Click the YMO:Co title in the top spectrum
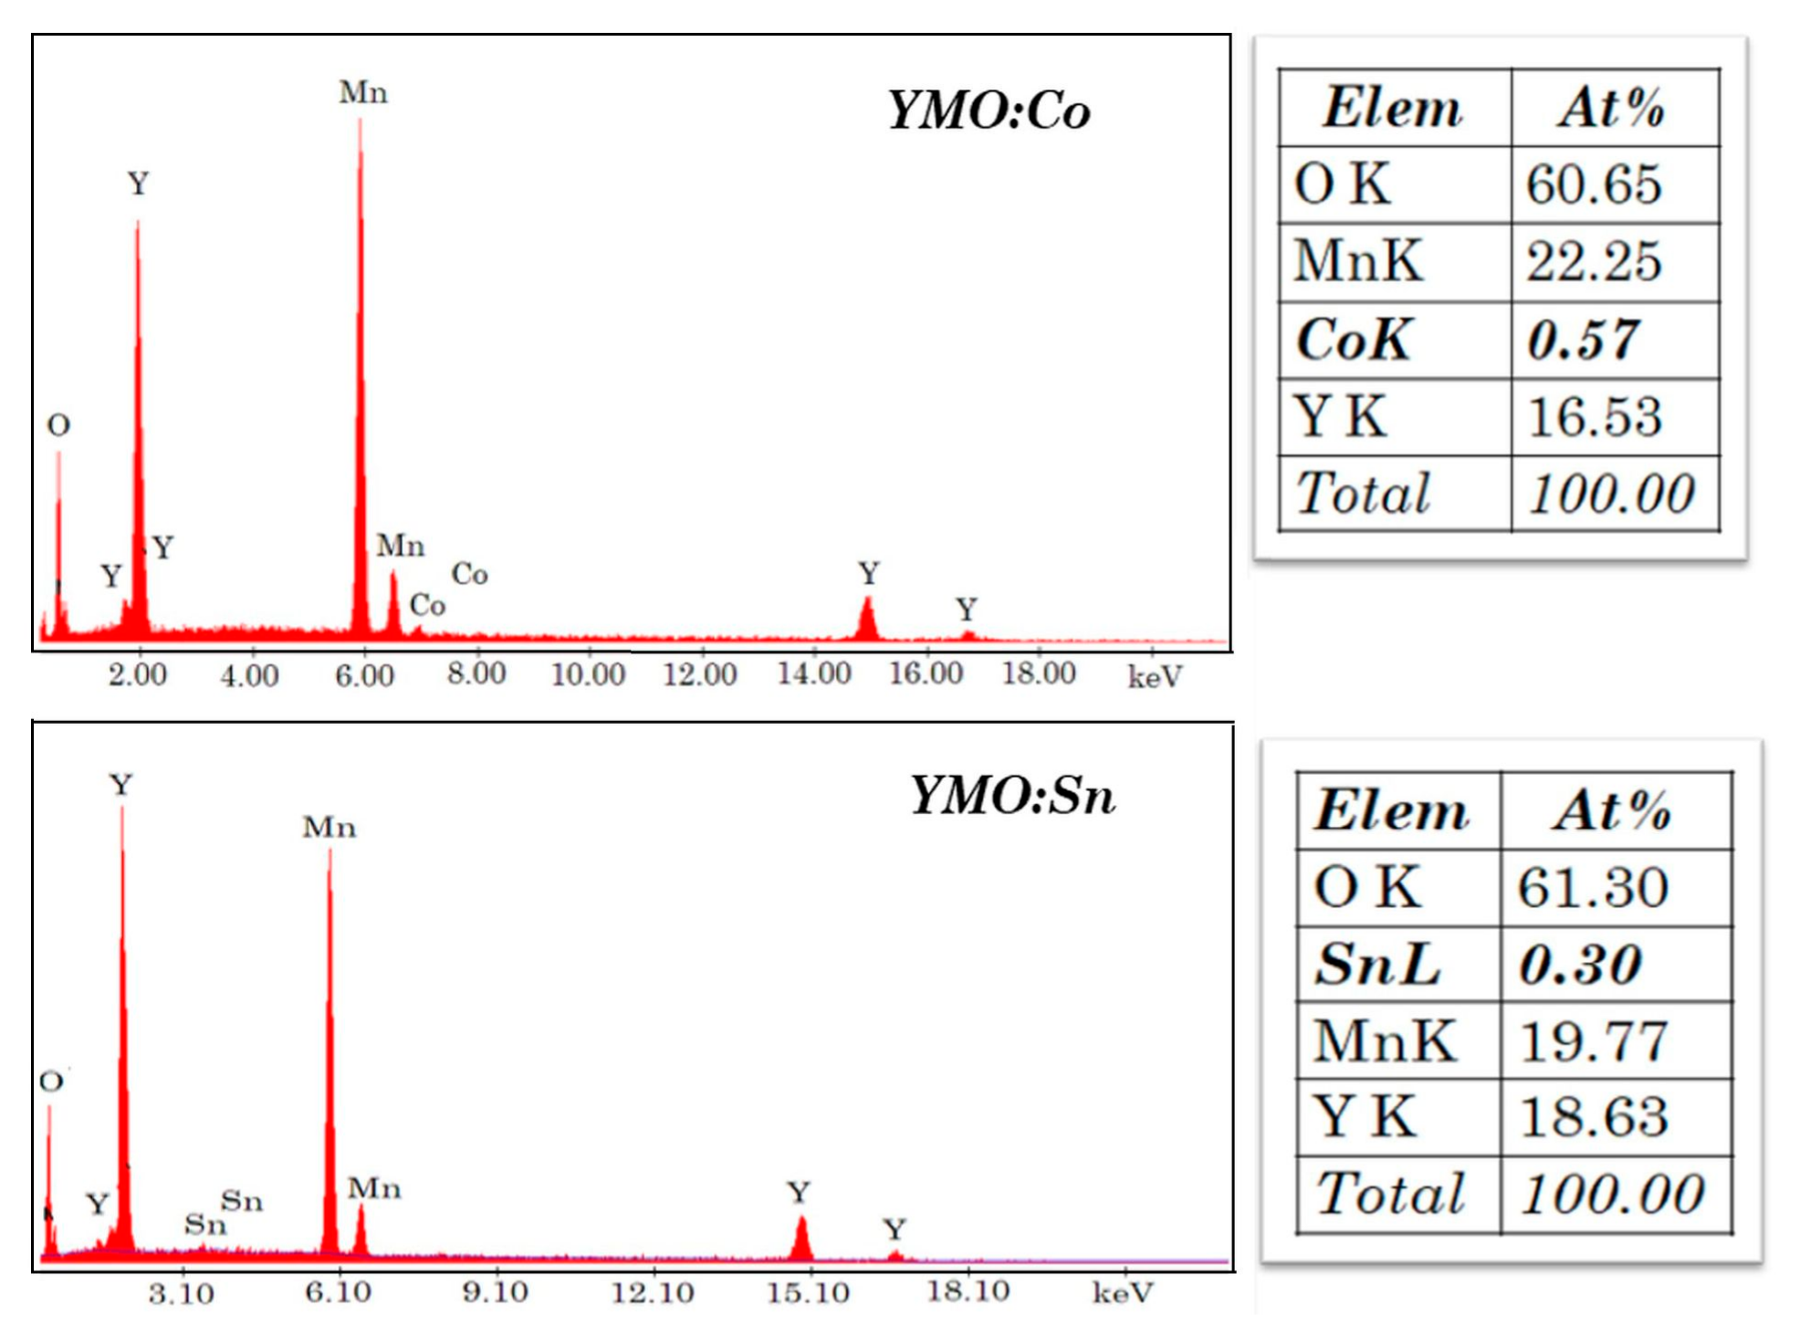pyautogui.click(x=989, y=111)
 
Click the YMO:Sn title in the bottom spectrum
pyautogui.click(x=1012, y=796)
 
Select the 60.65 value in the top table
pyautogui.click(x=1594, y=184)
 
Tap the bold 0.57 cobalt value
pyautogui.click(x=1583, y=340)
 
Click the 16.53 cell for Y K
pyautogui.click(x=1594, y=418)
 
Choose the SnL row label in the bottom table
pyautogui.click(x=1377, y=965)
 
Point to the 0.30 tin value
pyautogui.click(x=1580, y=965)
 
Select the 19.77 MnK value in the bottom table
pyautogui.click(x=1594, y=1041)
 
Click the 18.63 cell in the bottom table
pyautogui.click(x=1594, y=1117)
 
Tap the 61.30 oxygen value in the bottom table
pyautogui.click(x=1594, y=887)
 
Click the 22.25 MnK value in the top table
pyautogui.click(x=1594, y=262)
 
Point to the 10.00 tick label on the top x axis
pyautogui.click(x=588, y=675)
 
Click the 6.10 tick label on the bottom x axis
pyautogui.click(x=338, y=1292)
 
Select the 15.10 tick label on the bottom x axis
pyautogui.click(x=808, y=1292)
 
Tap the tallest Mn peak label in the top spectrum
pyautogui.click(x=363, y=93)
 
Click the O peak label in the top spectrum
pyautogui.click(x=58, y=425)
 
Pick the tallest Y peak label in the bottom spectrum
pyautogui.click(x=121, y=785)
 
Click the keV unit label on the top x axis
pyautogui.click(x=1155, y=677)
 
